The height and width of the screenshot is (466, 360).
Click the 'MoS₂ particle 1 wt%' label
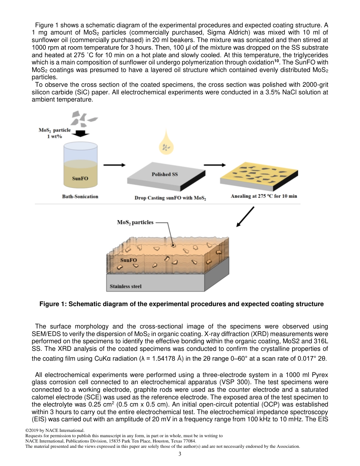click(55, 133)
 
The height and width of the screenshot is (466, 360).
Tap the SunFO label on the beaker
click(80, 178)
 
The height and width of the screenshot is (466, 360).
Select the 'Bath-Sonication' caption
click(80, 196)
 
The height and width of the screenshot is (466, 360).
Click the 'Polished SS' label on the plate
click(164, 174)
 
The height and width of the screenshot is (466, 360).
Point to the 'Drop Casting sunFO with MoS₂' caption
click(170, 198)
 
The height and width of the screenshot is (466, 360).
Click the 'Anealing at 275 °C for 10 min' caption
click(264, 196)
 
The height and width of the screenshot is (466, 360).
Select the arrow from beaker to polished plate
click(114, 165)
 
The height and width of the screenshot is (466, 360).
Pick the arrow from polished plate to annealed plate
click(214, 165)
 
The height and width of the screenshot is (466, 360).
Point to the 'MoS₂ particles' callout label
click(135, 222)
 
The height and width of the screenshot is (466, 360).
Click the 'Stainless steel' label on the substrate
click(125, 286)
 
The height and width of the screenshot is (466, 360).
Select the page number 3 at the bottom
click(180, 454)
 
